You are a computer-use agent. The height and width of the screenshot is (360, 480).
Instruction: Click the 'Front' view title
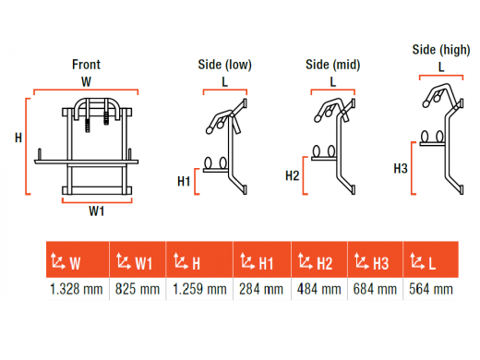(86, 65)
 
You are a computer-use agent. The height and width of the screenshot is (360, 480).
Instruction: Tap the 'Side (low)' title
(225, 65)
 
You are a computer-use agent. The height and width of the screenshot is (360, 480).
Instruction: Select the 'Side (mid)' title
(333, 65)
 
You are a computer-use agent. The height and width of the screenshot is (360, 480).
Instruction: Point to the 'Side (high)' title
(441, 50)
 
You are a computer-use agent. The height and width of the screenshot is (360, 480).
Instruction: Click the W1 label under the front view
(97, 211)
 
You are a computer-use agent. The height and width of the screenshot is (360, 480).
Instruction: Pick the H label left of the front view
(18, 138)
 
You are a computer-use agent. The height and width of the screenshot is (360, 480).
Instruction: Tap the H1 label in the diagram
(184, 181)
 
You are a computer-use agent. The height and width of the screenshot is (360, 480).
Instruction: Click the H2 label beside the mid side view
(293, 175)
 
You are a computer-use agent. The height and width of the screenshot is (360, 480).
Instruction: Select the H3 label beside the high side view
(401, 169)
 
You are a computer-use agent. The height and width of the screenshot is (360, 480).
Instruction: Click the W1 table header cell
(138, 259)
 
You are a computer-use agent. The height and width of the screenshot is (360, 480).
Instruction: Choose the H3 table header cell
(375, 259)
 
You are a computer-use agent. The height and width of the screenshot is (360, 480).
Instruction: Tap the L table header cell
(431, 259)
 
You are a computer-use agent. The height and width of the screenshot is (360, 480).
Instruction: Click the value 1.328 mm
(77, 290)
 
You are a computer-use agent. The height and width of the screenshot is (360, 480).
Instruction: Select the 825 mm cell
(138, 290)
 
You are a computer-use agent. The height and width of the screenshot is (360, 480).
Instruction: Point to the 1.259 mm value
(199, 290)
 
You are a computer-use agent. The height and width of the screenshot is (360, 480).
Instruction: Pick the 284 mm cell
(261, 290)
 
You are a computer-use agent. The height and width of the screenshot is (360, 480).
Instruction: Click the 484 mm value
(319, 290)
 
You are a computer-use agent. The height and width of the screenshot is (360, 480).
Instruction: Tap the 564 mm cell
(431, 290)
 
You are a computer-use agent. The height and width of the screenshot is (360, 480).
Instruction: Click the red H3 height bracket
(412, 168)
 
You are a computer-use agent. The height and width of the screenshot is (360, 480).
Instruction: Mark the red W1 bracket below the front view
(97, 202)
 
